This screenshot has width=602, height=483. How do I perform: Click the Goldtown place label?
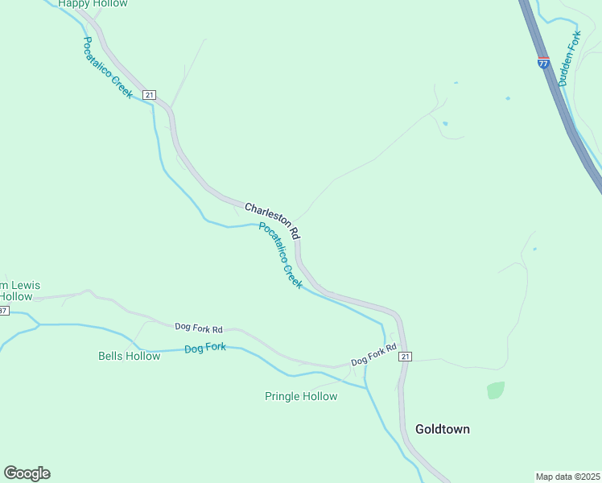pyautogui.click(x=442, y=429)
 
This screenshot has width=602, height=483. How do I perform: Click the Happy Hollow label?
pyautogui.click(x=93, y=4)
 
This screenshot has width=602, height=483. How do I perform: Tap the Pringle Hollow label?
pyautogui.click(x=301, y=396)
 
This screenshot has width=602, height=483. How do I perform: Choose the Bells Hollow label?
pyautogui.click(x=129, y=356)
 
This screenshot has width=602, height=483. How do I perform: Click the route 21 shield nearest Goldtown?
pyautogui.click(x=405, y=357)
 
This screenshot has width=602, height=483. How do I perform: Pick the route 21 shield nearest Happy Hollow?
pyautogui.click(x=149, y=95)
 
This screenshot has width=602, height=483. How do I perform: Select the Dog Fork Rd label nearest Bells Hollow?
pyautogui.click(x=198, y=328)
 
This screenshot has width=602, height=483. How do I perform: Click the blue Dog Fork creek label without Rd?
pyautogui.click(x=205, y=349)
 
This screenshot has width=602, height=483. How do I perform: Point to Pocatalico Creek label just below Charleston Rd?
pyautogui.click(x=280, y=256)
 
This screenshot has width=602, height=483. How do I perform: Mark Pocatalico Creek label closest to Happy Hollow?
pyautogui.click(x=107, y=68)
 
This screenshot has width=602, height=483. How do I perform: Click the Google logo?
pyautogui.click(x=27, y=473)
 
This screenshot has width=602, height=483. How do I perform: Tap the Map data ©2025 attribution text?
pyautogui.click(x=567, y=476)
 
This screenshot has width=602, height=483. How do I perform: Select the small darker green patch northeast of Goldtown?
pyautogui.click(x=496, y=390)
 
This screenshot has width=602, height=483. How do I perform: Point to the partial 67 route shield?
pyautogui.click(x=3, y=310)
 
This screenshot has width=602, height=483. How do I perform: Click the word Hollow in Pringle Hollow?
pyautogui.click(x=319, y=396)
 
